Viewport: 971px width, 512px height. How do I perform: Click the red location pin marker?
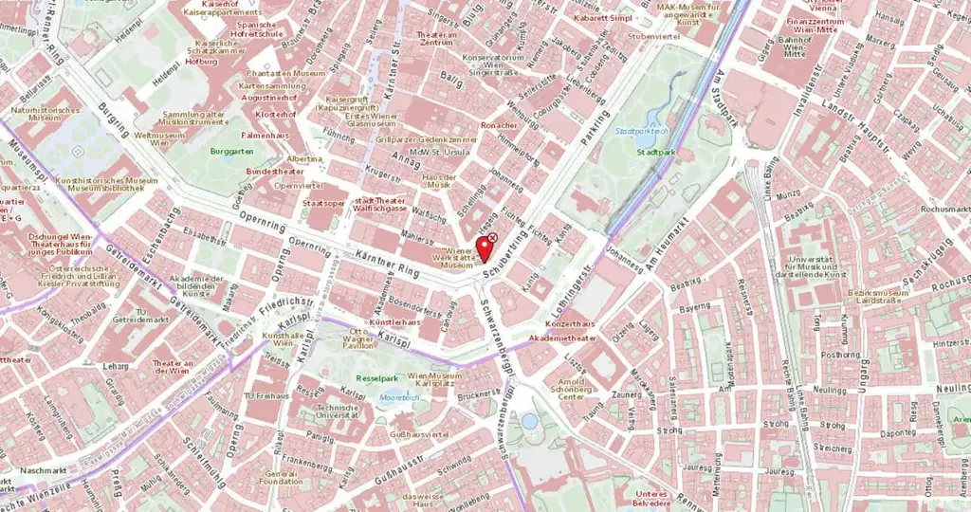[485, 250]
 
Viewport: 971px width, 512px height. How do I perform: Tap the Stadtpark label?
[656, 151]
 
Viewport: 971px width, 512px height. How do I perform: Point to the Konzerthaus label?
[576, 323]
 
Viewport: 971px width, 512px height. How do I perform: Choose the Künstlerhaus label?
[394, 322]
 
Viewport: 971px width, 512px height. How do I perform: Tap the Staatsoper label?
[323, 202]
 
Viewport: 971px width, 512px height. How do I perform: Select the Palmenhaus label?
[269, 136]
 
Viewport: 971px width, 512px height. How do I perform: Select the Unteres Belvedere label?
[659, 499]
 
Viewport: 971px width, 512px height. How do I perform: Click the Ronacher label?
[499, 125]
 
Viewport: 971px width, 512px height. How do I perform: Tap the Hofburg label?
[201, 61]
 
